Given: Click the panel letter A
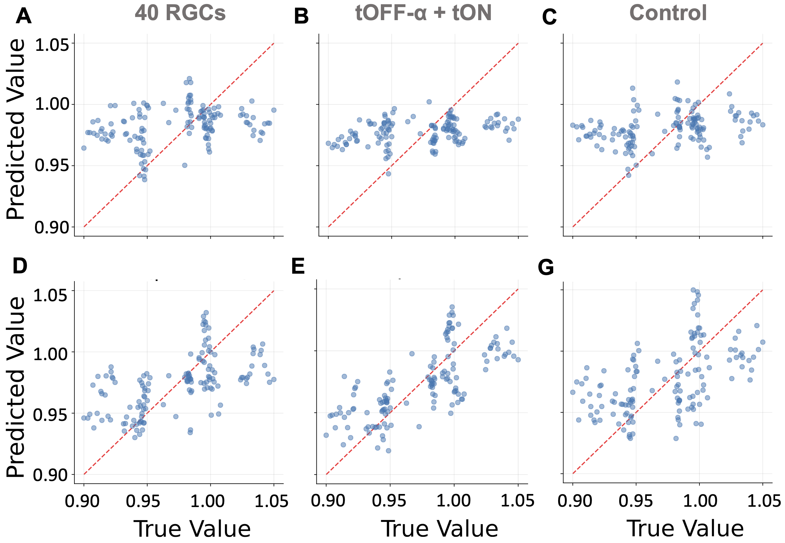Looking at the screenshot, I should coord(24,16).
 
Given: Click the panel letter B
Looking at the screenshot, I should coord(301,16).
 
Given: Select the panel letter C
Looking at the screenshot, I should coord(549,17).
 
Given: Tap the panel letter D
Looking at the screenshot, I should coord(20,266).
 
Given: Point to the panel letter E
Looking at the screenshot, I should coord(298,267).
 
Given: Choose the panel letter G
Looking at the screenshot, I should coord(546,267).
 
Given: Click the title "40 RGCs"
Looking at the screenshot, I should coord(180,13).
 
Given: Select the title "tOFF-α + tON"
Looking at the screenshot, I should coord(423,13).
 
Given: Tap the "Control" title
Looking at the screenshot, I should coord(668,13).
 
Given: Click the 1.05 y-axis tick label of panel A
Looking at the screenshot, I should coord(52,45).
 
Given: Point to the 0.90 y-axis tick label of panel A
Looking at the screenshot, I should coord(52,227).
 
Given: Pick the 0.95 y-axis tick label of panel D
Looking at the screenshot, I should coord(50,415).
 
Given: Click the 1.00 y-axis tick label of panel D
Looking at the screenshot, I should coord(50,354).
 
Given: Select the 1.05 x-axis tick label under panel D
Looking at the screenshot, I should coord(271,501).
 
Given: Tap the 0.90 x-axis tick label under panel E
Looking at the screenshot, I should coord(328,501).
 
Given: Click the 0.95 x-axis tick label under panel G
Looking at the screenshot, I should coord(636,501).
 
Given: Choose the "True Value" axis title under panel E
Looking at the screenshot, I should coord(439,528).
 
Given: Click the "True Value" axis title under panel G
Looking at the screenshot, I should coord(685,528).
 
